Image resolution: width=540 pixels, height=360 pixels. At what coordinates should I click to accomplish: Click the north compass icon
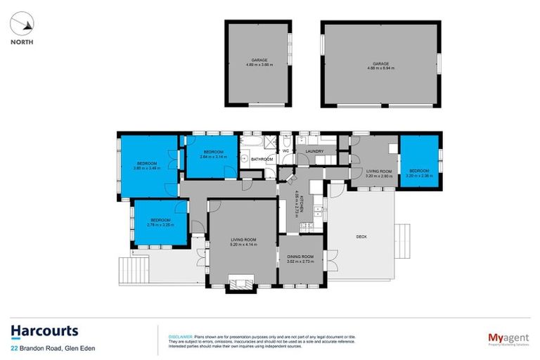(x=22, y=25)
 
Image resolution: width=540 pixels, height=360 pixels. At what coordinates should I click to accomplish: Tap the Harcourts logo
(x=44, y=331)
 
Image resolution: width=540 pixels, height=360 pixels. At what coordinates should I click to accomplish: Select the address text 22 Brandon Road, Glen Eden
(x=53, y=348)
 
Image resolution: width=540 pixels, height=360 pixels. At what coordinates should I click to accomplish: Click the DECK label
(x=361, y=237)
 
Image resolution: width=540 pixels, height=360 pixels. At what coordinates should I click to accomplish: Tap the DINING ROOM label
(x=300, y=257)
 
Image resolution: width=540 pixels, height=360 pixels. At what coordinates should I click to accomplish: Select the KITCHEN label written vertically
(x=301, y=203)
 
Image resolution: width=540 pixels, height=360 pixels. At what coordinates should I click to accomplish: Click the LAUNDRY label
(x=314, y=151)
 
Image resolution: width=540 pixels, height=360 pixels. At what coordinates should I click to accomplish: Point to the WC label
(x=286, y=151)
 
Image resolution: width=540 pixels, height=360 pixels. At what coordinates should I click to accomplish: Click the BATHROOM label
(x=262, y=160)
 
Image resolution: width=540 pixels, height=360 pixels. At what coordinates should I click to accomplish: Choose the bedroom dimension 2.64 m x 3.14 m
(x=214, y=157)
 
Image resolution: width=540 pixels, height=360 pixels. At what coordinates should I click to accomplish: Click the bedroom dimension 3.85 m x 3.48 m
(x=146, y=167)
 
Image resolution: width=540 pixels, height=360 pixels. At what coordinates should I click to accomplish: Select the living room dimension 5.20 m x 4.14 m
(x=243, y=244)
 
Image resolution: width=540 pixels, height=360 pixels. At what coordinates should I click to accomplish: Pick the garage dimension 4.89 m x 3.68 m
(x=258, y=65)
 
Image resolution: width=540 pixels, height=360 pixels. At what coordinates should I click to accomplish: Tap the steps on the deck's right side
(x=404, y=238)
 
